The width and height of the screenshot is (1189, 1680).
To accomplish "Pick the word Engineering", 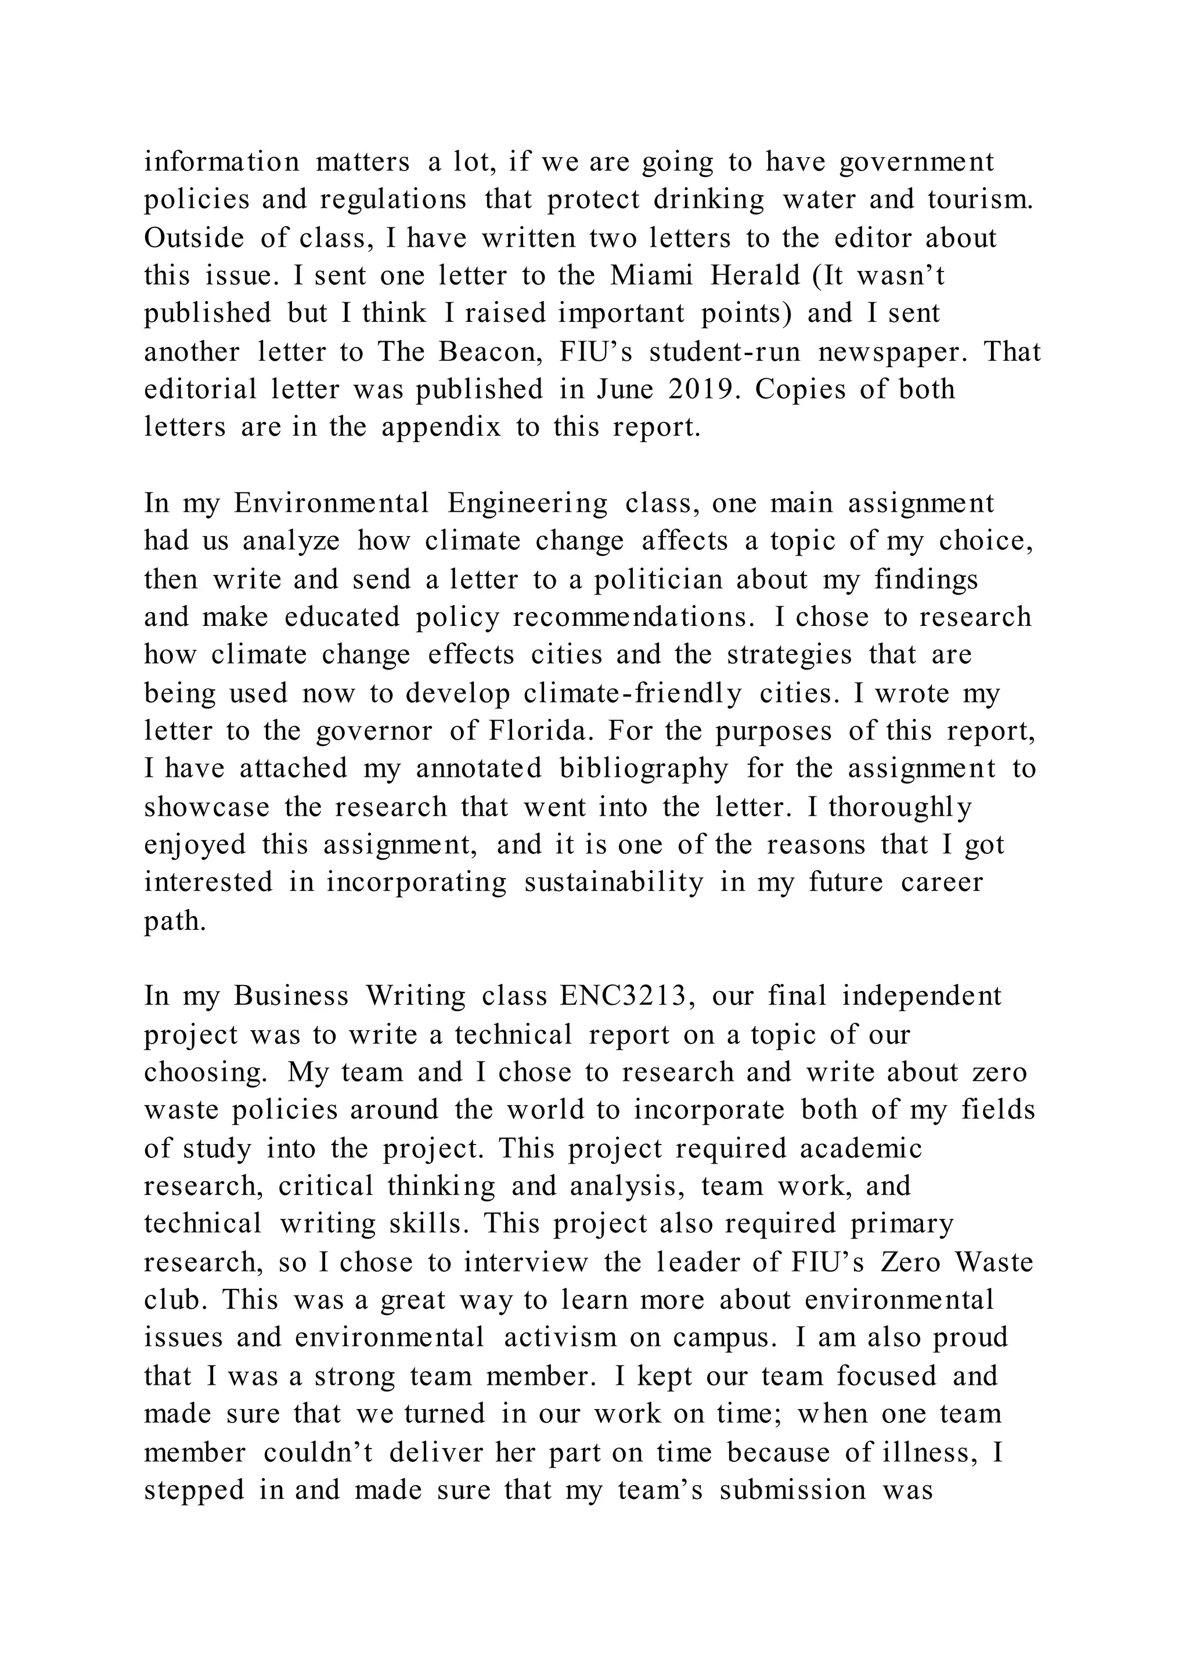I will (x=527, y=504).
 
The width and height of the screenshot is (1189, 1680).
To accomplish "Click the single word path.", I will (x=175, y=921).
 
